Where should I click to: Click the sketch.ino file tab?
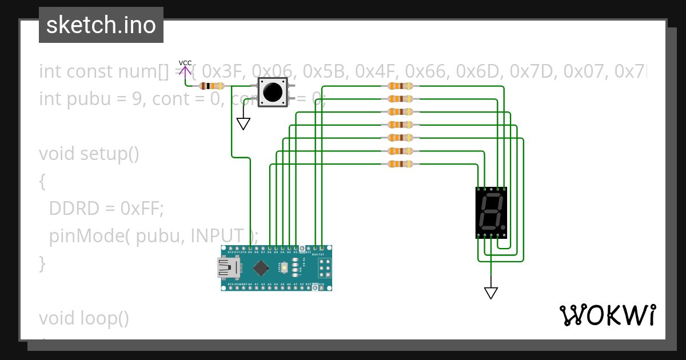point(101,25)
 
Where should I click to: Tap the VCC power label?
point(185,63)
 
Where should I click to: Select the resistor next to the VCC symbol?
point(212,86)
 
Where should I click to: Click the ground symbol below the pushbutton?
point(244,123)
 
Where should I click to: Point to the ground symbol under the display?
point(490,292)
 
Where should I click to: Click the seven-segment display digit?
point(491,212)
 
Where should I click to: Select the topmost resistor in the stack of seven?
point(400,86)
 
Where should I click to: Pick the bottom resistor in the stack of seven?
point(400,165)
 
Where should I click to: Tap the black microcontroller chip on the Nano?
point(261,267)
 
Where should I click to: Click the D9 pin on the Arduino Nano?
point(250,249)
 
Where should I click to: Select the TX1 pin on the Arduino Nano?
point(321,249)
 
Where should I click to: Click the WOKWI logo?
point(607,315)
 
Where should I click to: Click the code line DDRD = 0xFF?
point(106,209)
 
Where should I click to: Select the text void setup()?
point(89,154)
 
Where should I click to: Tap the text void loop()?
point(84,318)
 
